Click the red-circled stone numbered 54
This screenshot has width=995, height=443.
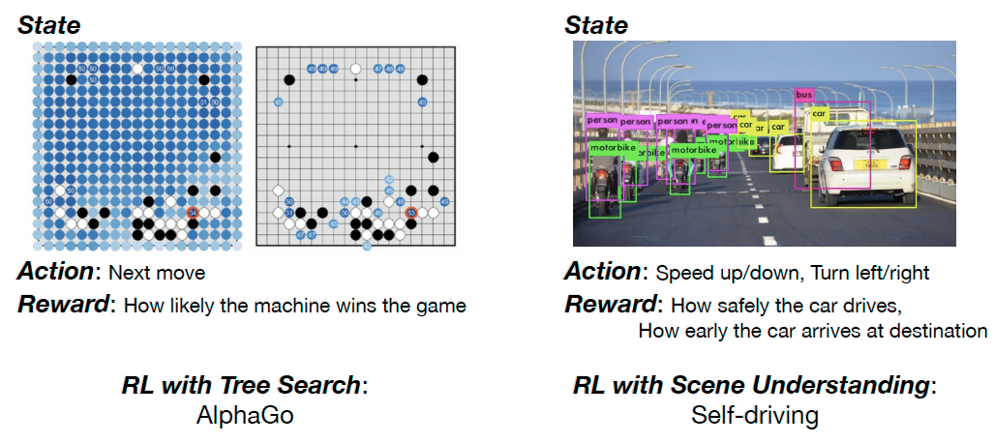(193, 212)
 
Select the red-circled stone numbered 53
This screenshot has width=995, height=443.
(410, 213)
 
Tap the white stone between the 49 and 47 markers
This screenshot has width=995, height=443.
(354, 69)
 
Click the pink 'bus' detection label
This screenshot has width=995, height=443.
(803, 95)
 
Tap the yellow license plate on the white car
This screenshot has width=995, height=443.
(870, 165)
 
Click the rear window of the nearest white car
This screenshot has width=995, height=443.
(862, 141)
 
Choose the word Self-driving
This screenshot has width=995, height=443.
(754, 416)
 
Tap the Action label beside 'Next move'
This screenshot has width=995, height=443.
(56, 272)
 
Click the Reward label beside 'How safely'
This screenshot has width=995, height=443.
(610, 306)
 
